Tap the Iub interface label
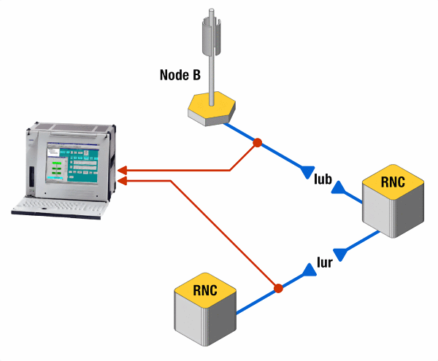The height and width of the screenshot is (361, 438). point(323,177)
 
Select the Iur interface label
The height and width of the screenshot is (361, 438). point(326,262)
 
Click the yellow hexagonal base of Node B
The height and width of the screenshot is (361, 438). point(211,109)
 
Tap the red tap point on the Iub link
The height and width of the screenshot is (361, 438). point(257,142)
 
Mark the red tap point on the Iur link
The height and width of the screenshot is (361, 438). point(277,289)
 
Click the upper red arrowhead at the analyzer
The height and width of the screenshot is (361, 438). point(122,171)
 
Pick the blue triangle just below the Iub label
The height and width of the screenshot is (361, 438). point(339,189)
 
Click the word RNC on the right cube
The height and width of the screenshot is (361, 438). point(393,182)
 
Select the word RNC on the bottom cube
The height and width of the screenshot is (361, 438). point(205,290)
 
